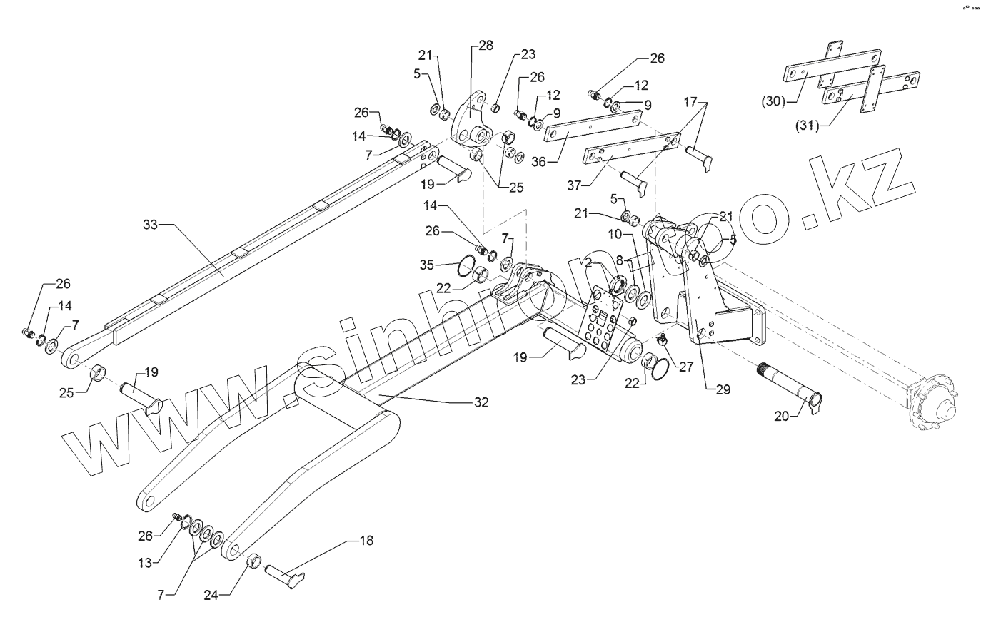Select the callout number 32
[x=481, y=402]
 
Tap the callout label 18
[x=366, y=541]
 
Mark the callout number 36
[x=538, y=162]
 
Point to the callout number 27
[x=686, y=367]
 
